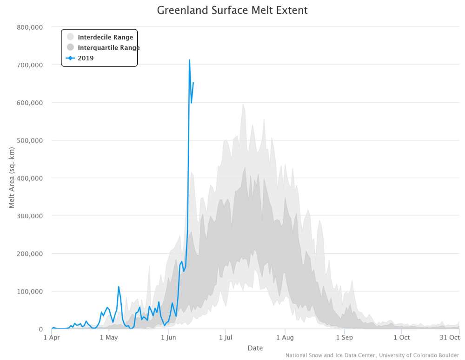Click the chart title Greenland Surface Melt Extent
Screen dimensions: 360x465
[x=232, y=10]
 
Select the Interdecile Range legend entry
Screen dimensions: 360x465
[x=105, y=37]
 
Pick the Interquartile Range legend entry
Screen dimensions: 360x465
[x=108, y=47]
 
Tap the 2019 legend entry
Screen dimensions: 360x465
[x=86, y=58]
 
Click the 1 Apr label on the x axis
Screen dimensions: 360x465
[x=52, y=338]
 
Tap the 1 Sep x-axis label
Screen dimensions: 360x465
[x=344, y=338]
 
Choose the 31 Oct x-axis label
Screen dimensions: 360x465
[x=450, y=338]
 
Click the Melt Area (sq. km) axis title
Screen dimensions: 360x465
[x=12, y=178]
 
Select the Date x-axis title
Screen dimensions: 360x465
[x=255, y=348]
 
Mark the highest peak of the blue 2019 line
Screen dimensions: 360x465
[x=189, y=59]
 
